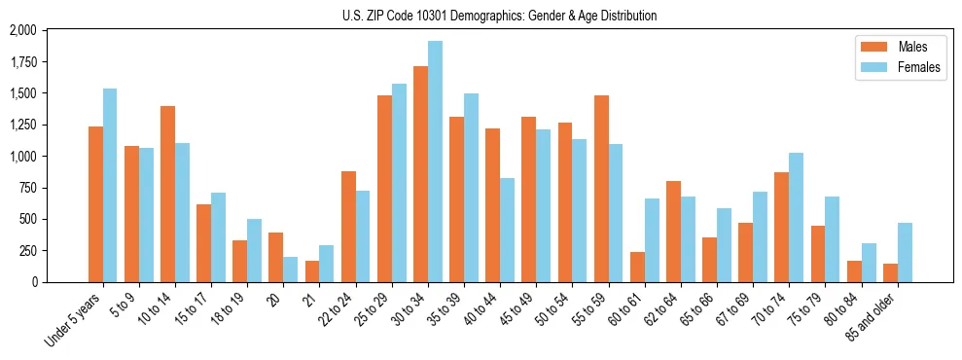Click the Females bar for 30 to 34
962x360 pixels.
tap(435, 162)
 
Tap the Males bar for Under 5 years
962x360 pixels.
tap(95, 204)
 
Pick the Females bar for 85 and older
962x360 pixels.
tap(905, 252)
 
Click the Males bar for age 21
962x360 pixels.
tap(312, 271)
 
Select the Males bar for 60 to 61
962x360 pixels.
tap(637, 267)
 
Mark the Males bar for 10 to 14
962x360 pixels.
tap(168, 194)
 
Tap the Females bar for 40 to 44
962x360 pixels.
tap(508, 230)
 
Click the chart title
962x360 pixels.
tap(499, 16)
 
